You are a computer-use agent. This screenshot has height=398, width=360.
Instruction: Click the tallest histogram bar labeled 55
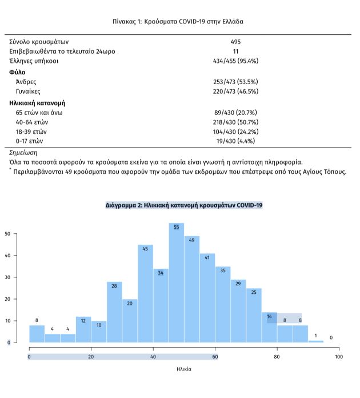point(177,283)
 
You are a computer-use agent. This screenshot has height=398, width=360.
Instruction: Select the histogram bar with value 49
point(192,289)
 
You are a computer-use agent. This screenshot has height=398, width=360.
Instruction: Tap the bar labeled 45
point(145,294)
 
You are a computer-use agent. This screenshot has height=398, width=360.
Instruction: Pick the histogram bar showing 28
point(114,312)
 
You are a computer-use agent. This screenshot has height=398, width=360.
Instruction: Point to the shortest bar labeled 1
point(316,341)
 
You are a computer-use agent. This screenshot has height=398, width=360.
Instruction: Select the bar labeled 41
point(207,298)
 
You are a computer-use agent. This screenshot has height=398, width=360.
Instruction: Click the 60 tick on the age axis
point(215,357)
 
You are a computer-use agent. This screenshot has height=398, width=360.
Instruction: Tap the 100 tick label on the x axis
point(339,357)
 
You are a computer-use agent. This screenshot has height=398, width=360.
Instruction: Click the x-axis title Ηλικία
point(183,369)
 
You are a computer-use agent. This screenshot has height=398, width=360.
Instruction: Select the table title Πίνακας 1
point(179,22)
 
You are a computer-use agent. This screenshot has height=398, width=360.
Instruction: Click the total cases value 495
point(235,42)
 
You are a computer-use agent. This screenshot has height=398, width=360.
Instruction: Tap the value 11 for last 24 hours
point(235,51)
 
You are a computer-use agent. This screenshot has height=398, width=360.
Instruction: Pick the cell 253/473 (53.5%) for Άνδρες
point(235,82)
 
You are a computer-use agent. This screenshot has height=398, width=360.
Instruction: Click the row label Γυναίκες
point(29,91)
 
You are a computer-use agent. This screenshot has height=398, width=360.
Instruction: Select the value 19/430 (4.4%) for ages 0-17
point(235,141)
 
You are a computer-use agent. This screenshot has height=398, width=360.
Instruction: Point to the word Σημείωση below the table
point(23,153)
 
